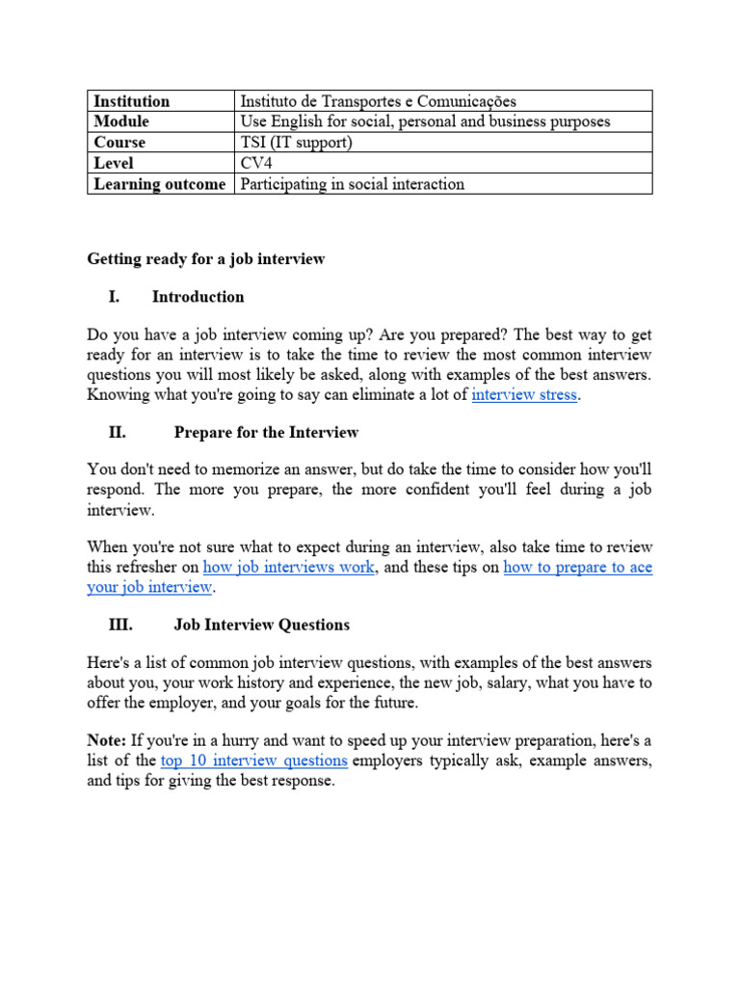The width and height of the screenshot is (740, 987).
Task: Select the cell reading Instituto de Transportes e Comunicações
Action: click(378, 101)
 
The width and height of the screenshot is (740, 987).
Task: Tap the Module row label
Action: click(121, 121)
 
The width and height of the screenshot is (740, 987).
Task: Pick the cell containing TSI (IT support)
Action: click(297, 143)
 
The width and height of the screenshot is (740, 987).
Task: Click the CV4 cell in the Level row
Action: click(256, 163)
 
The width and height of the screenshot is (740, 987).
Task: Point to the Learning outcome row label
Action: click(159, 184)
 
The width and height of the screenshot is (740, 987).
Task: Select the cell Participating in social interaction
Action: click(352, 184)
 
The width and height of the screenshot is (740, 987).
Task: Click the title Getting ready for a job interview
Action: click(206, 258)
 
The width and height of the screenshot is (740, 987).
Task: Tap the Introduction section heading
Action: click(198, 297)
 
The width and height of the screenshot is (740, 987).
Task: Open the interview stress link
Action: click(524, 395)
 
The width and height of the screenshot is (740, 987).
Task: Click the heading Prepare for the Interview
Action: click(266, 433)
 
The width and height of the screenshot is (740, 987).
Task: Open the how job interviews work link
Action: click(288, 568)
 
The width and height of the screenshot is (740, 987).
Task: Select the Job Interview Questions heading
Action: click(261, 625)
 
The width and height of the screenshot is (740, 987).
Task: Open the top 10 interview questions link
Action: click(253, 760)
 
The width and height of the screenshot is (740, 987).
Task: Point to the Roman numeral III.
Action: click(120, 625)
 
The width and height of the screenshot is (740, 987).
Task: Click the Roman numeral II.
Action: click(118, 433)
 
